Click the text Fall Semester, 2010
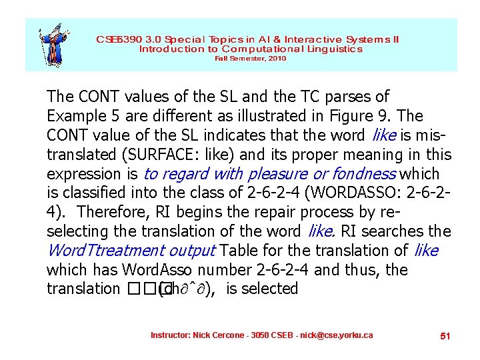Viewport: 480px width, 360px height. point(250,59)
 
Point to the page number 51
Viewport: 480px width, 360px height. point(445,336)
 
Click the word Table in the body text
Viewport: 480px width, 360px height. point(239,251)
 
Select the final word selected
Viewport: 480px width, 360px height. point(270,289)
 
